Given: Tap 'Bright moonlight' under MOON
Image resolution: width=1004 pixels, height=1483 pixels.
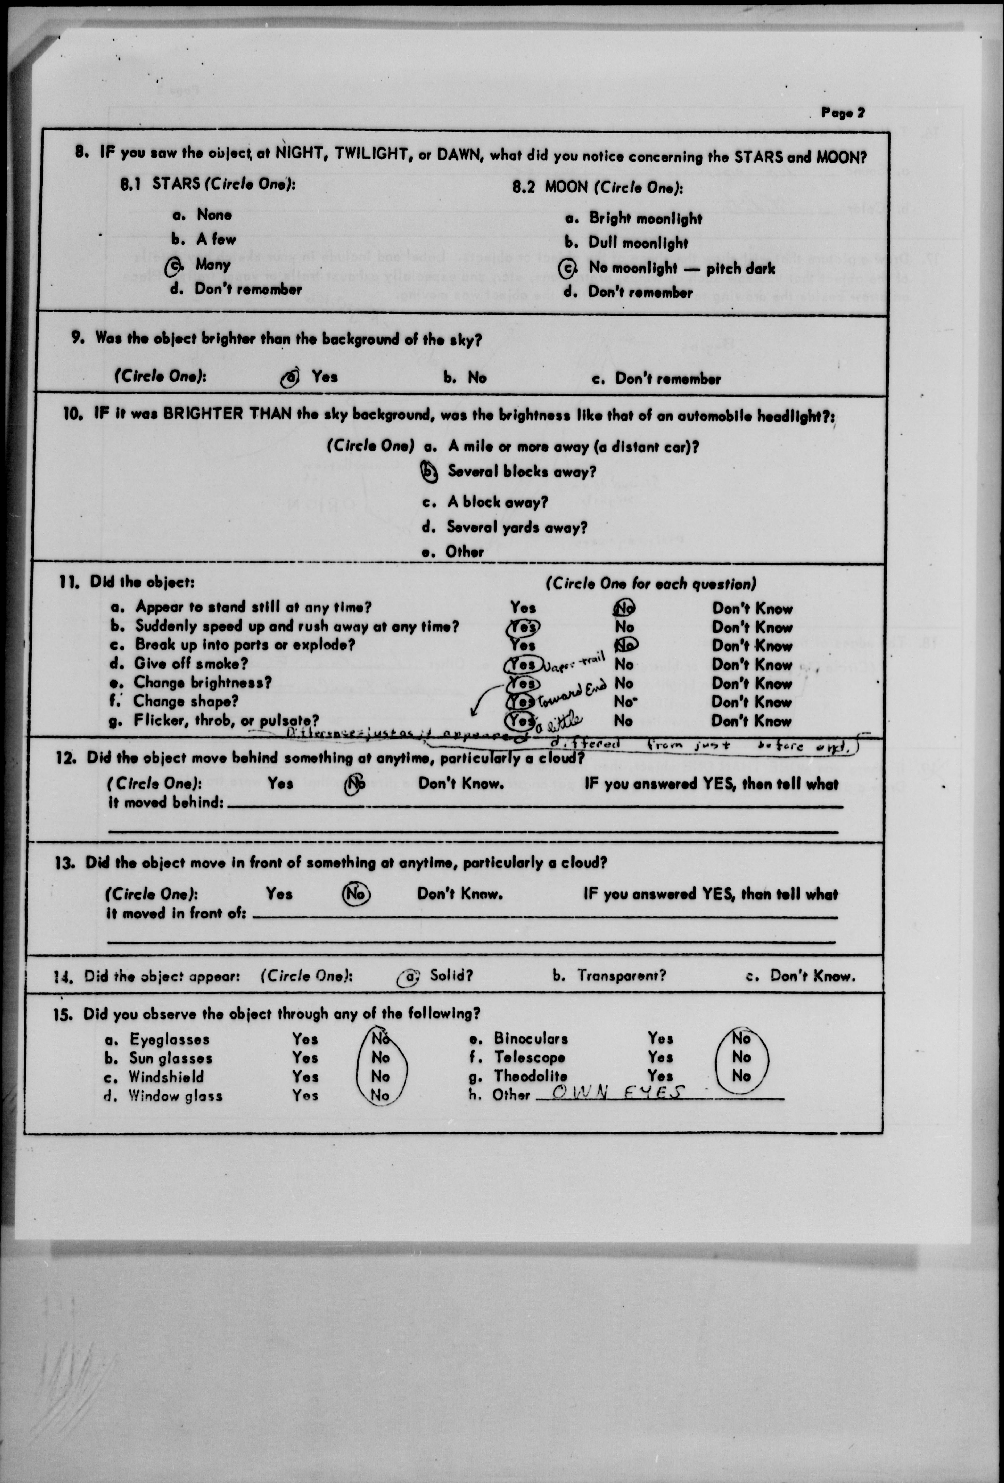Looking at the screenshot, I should click(x=645, y=219).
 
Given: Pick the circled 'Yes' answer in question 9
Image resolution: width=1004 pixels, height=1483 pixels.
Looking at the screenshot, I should click(x=290, y=378).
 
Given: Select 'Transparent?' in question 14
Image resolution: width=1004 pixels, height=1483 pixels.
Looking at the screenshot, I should click(x=621, y=976).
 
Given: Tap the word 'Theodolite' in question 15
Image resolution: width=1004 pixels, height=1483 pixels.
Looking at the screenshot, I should click(x=529, y=1076).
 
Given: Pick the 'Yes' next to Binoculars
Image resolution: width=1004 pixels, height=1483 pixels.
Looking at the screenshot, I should click(x=660, y=1038).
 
